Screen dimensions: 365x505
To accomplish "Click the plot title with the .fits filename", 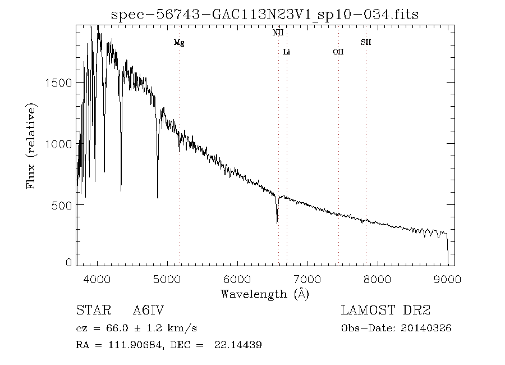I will (x=265, y=14).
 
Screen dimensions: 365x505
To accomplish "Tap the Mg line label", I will (x=179, y=43).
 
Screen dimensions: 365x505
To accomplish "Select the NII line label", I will (x=278, y=33).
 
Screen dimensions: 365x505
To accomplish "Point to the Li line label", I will (x=287, y=52).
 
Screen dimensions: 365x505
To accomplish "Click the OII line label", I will (x=338, y=52).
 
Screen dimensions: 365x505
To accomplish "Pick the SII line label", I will (x=366, y=43).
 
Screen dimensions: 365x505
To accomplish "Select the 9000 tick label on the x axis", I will (x=447, y=279).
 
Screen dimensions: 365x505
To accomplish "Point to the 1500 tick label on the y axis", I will (x=56, y=83).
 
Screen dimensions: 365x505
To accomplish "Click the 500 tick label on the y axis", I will (x=60, y=205).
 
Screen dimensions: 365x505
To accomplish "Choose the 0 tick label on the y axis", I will (x=68, y=262).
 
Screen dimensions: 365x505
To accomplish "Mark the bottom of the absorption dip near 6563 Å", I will (x=277, y=223).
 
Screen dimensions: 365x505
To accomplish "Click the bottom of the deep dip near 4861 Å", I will (x=158, y=197).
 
